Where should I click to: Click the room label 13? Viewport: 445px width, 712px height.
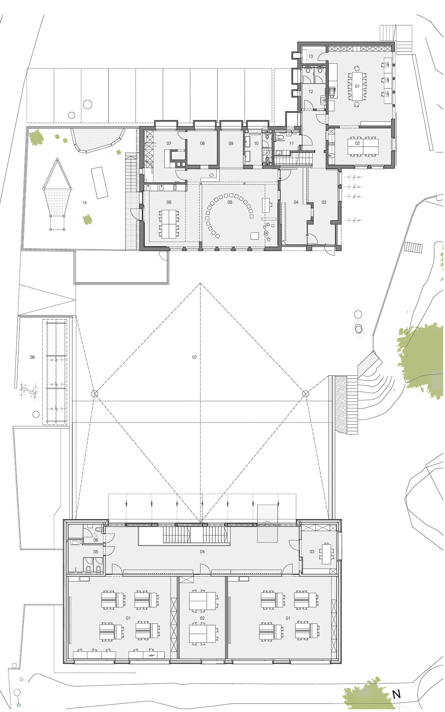click(311, 57)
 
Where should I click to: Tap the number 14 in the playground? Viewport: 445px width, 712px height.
click(85, 203)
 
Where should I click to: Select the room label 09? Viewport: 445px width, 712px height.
click(231, 144)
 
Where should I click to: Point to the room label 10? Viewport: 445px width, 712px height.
click(256, 144)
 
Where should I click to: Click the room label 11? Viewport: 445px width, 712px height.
click(291, 144)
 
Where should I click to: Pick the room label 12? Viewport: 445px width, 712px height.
click(311, 92)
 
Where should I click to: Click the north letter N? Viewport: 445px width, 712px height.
click(396, 694)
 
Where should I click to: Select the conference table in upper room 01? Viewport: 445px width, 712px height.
click(357, 86)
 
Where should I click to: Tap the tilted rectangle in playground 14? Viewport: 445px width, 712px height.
click(99, 182)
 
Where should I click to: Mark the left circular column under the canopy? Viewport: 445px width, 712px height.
click(95, 393)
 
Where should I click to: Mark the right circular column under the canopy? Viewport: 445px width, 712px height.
click(306, 393)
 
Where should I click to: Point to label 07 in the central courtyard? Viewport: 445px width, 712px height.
click(195, 357)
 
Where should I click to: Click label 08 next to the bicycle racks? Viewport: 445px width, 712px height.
click(32, 357)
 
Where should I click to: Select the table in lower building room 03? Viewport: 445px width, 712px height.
click(326, 554)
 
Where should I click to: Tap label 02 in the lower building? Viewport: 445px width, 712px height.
click(202, 618)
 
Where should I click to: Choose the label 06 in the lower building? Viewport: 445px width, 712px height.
click(96, 540)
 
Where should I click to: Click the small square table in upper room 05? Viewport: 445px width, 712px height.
click(254, 236)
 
